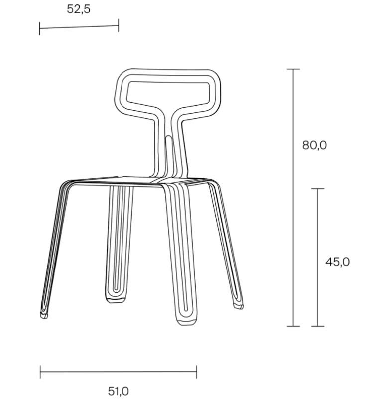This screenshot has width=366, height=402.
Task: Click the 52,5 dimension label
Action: click(x=79, y=9)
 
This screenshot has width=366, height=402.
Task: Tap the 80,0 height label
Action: click(x=314, y=145)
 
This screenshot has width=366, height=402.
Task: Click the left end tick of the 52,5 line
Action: click(x=39, y=28)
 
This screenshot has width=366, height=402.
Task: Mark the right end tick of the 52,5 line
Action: click(x=119, y=25)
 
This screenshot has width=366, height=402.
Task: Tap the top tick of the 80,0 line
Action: click(x=293, y=69)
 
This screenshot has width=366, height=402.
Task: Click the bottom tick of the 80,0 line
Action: click(x=293, y=326)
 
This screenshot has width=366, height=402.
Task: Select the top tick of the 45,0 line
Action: click(x=317, y=189)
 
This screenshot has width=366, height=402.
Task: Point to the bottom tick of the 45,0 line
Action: click(x=317, y=326)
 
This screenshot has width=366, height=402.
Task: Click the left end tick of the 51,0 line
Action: click(x=40, y=372)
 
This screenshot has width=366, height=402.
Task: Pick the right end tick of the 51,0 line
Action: click(x=196, y=372)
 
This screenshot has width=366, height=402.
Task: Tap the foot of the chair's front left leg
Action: click(x=44, y=314)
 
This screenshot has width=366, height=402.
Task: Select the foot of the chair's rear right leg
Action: click(x=239, y=302)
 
